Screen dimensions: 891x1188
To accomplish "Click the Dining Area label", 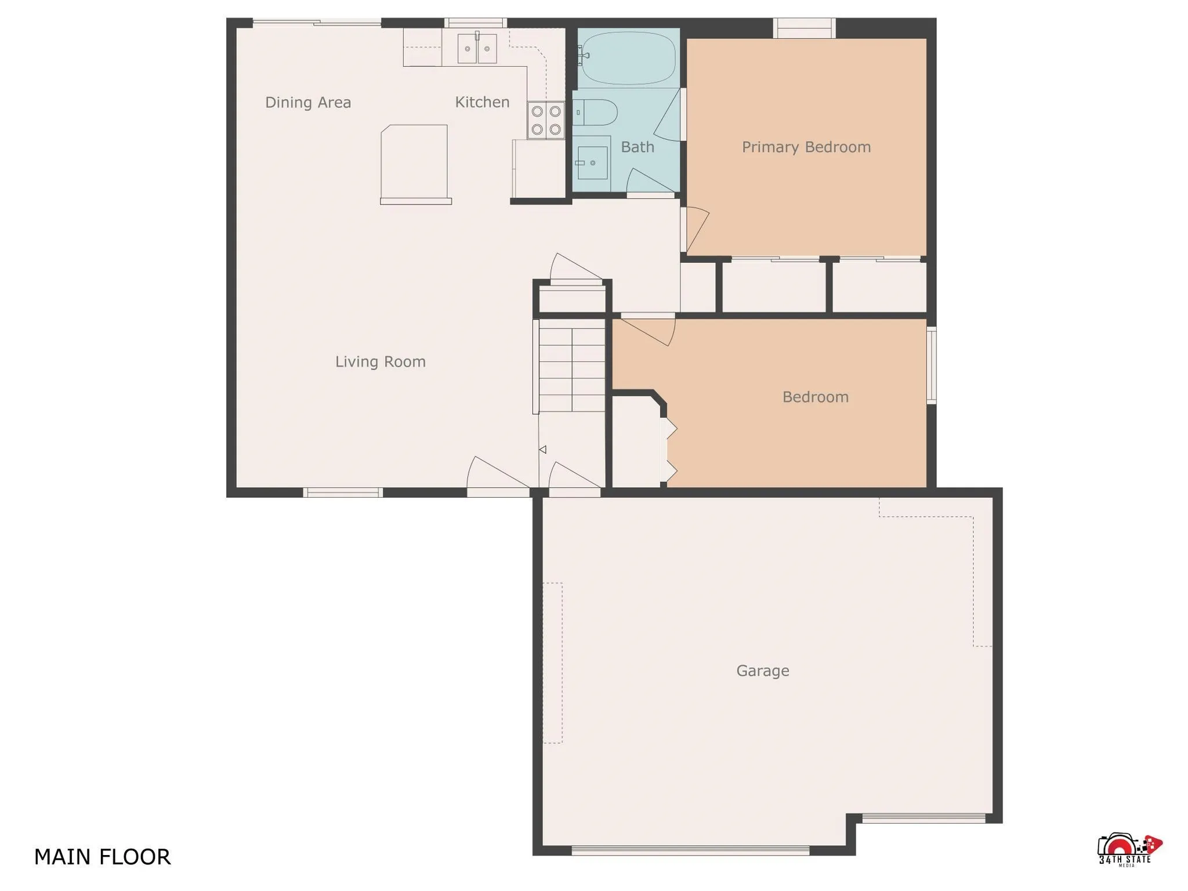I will pos(308,103).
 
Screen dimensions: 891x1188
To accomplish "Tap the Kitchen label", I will pos(482,103).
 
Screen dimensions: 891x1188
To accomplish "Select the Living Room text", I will pos(381,362).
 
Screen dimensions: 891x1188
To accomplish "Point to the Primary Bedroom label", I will pos(806,147).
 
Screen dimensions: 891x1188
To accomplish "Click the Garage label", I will pos(762,671).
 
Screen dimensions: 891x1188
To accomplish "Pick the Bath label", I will pos(638,147).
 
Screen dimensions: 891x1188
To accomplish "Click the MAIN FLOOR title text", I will pos(102,857).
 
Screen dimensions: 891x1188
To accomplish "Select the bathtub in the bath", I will pos(628,58).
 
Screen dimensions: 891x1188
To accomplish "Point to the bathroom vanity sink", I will pos(592,163).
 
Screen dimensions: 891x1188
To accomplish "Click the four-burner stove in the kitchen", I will pos(546,120).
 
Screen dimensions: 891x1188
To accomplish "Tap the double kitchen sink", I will pos(477,49).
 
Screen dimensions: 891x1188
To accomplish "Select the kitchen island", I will pos(414,162).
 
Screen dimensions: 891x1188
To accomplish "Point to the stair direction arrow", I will pos(542,450).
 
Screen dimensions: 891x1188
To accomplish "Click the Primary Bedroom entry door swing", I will pos(695,227).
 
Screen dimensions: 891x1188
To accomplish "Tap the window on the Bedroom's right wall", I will pos(930,365).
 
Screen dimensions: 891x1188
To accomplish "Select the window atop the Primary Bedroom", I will pos(804,28).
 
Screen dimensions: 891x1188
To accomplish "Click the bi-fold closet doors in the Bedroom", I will pos(670,450).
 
